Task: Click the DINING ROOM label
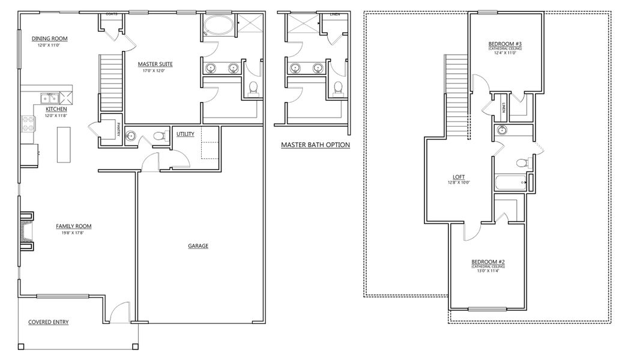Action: [x=49, y=39]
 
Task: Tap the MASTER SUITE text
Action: [x=154, y=64]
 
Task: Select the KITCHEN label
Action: [x=56, y=110]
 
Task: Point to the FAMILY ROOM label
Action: [x=74, y=226]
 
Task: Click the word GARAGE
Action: [x=198, y=245]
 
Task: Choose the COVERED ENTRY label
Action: [x=49, y=322]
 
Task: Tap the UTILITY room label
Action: [x=186, y=134]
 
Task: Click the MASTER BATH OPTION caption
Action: [x=315, y=145]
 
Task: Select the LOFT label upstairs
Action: [x=459, y=178]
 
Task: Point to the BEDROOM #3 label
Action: [x=504, y=44]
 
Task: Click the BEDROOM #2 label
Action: [x=488, y=262]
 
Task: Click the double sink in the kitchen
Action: [x=49, y=98]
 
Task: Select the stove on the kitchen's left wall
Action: [x=28, y=124]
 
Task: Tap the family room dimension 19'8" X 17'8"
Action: [x=74, y=232]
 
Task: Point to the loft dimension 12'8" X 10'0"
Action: [x=459, y=183]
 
